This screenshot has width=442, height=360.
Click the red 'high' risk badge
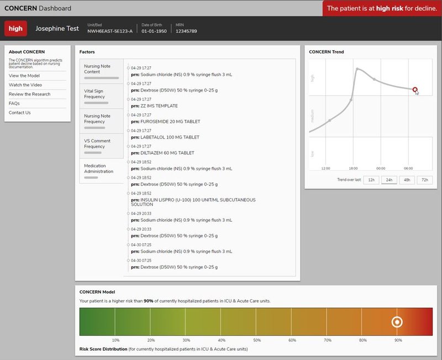pos(16,29)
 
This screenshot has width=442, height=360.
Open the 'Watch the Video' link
pos(25,85)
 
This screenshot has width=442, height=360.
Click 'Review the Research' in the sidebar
pos(29,94)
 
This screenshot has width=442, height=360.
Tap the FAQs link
pos(14,103)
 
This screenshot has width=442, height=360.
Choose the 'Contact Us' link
pos(20,113)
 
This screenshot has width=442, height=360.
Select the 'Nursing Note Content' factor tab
pos(101,70)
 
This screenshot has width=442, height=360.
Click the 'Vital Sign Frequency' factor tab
pos(101,95)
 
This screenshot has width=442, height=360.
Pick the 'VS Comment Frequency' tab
pos(101,144)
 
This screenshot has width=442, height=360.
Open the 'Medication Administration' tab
pos(101,169)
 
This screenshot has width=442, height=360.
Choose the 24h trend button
pos(389,180)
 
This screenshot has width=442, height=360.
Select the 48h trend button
pos(407,180)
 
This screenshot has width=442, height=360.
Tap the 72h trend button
pos(424,180)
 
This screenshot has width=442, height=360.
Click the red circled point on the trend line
pos(415,90)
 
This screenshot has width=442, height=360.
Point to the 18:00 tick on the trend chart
pos(353,168)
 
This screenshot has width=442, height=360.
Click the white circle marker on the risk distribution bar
pos(397,322)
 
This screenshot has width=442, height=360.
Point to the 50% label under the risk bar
pos(257,340)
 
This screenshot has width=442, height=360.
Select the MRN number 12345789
pos(186,32)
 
